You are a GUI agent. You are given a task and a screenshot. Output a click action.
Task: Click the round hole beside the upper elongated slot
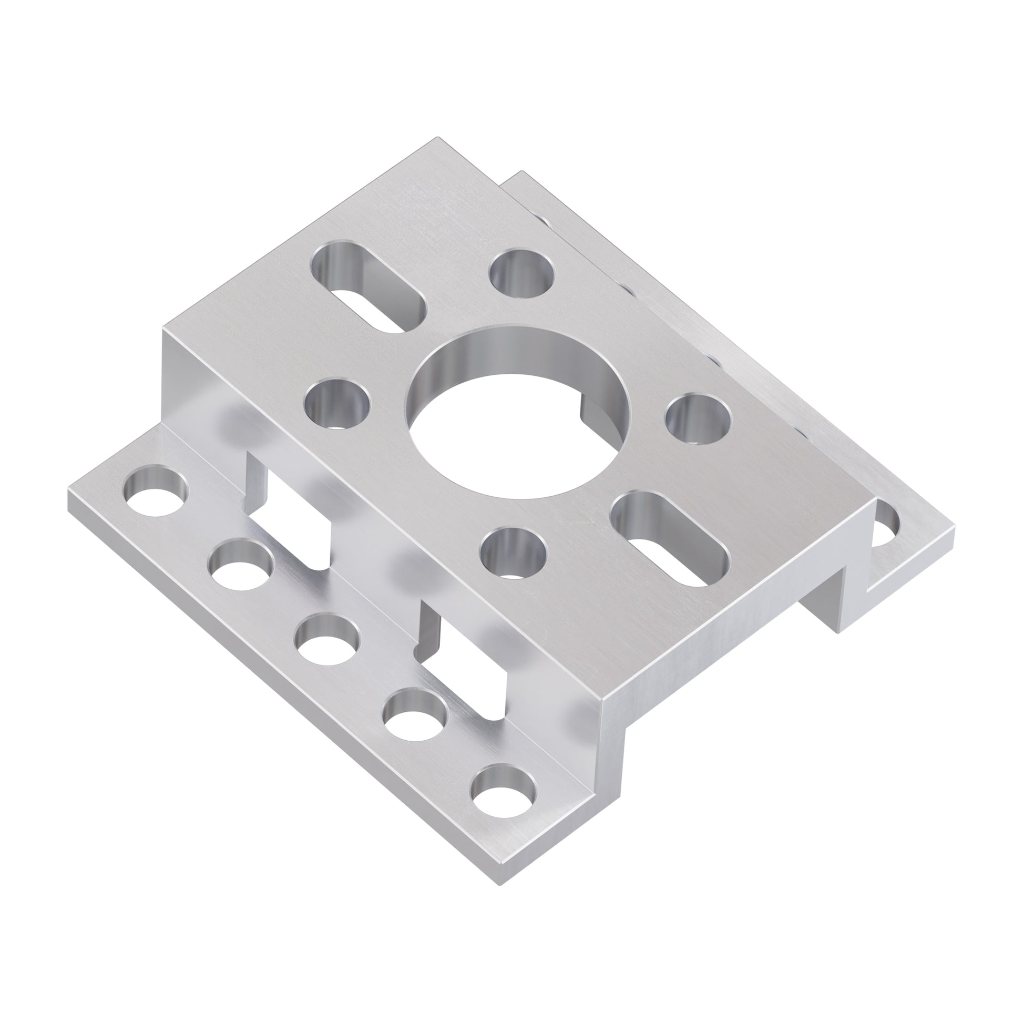tap(521, 273)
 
